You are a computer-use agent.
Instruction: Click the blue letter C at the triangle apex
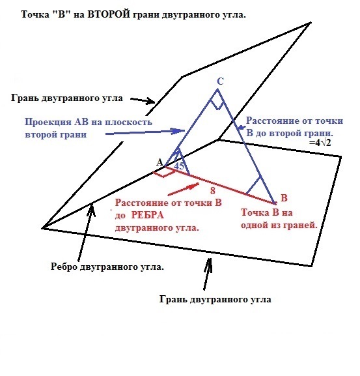pyautogui.click(x=220, y=81)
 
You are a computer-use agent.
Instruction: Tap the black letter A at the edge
pyautogui.click(x=159, y=163)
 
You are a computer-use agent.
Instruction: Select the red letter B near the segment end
pyautogui.click(x=284, y=198)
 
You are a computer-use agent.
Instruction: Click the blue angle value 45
pyautogui.click(x=179, y=166)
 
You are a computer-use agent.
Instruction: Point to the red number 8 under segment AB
pyautogui.click(x=213, y=191)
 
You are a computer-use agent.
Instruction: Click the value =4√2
pyautogui.click(x=320, y=143)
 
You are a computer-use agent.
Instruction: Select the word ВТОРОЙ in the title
pyautogui.click(x=109, y=14)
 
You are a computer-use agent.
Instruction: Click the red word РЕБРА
pyautogui.click(x=148, y=215)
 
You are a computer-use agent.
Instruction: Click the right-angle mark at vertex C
pyautogui.click(x=217, y=105)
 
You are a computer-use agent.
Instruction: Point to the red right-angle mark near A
pyautogui.click(x=164, y=174)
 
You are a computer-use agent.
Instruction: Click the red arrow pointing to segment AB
pyautogui.click(x=184, y=190)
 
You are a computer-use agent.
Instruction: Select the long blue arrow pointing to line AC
pyautogui.click(x=145, y=132)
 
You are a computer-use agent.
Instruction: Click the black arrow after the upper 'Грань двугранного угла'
pyautogui.click(x=143, y=100)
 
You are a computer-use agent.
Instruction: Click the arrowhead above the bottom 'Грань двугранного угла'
pyautogui.click(x=209, y=264)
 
